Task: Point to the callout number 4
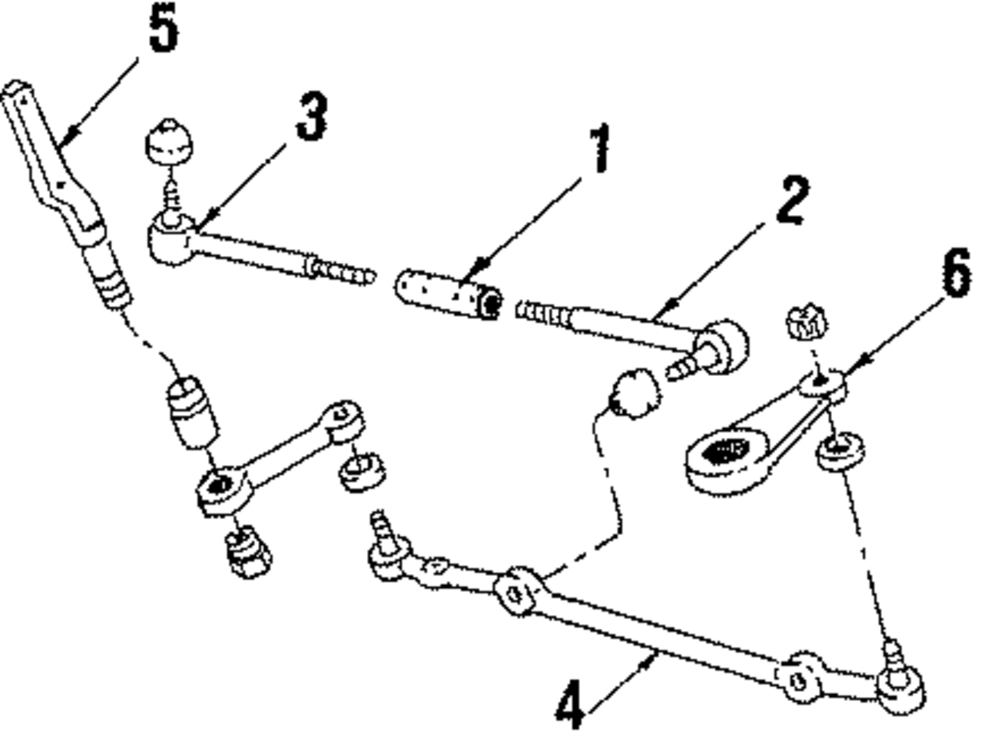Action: (x=572, y=705)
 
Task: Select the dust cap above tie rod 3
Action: (x=169, y=144)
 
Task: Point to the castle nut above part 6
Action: (x=807, y=323)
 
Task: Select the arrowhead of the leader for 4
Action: (x=654, y=660)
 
